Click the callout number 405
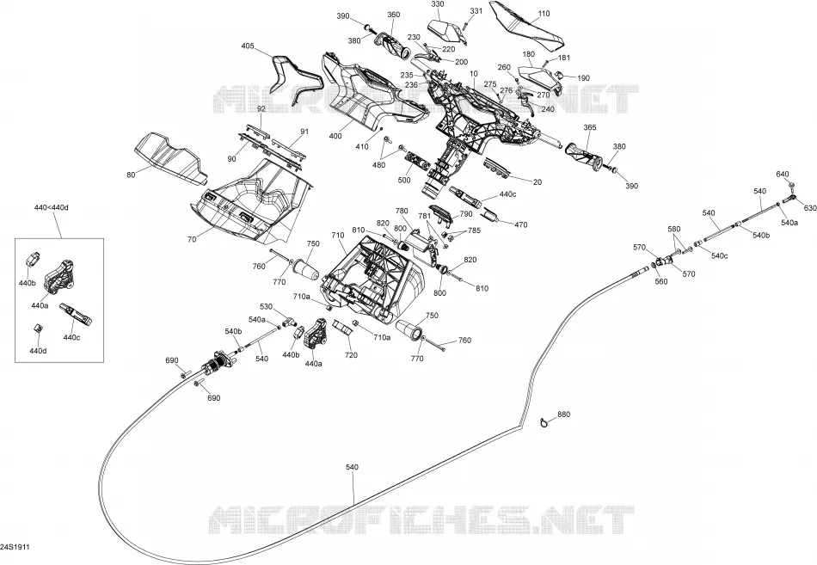point(248,46)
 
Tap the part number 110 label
point(544,14)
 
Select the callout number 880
point(564,415)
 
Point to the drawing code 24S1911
point(15,548)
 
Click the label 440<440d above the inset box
point(51,208)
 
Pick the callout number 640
point(783,175)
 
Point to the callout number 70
point(192,240)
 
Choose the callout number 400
point(335,137)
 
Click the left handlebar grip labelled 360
point(393,46)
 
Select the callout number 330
point(438,4)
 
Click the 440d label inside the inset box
point(38,352)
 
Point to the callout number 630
point(810,208)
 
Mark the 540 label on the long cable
point(352,468)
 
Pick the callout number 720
point(351,355)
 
